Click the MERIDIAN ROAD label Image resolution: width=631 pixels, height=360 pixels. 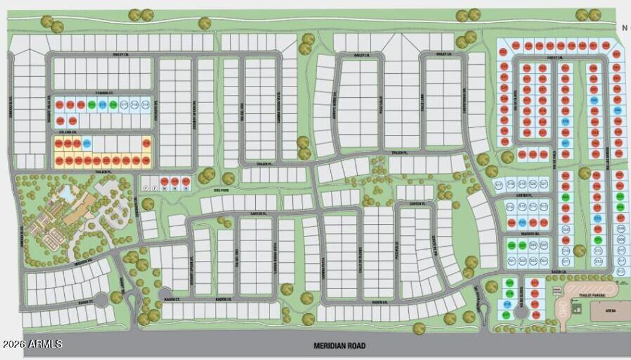coord(339,346)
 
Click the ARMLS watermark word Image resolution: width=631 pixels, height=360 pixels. coord(49,344)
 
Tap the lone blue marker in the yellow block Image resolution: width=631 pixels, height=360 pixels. coord(88,144)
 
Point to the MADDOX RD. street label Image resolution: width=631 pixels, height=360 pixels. coord(527,235)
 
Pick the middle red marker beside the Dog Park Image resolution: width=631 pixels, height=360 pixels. coord(175,181)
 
